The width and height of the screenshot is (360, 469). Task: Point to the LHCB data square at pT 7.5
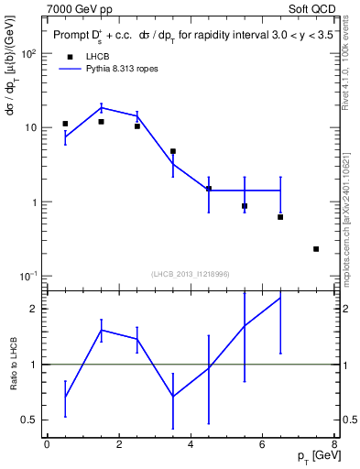pyautogui.click(x=316, y=248)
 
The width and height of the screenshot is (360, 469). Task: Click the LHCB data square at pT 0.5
pyautogui.click(x=65, y=124)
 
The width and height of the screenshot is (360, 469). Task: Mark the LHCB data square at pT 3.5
pyautogui.click(x=173, y=151)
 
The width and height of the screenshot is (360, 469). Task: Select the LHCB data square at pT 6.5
pyautogui.click(x=280, y=217)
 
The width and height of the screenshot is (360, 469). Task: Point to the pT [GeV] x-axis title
pyautogui.click(x=313, y=455)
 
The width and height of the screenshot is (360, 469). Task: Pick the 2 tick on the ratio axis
pyautogui.click(x=35, y=309)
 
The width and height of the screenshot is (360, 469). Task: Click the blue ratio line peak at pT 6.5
pyautogui.click(x=280, y=298)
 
